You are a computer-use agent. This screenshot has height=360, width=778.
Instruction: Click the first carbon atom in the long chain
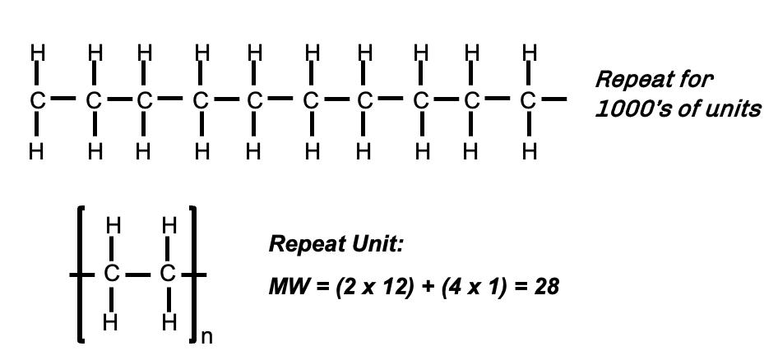click(37, 101)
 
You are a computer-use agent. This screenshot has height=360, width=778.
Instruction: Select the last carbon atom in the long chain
click(529, 101)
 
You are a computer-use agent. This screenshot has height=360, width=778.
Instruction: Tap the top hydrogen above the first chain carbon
click(37, 53)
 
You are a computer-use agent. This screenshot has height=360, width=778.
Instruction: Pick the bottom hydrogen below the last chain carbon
click(529, 151)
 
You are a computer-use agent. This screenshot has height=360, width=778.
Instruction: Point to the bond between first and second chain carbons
click(65, 100)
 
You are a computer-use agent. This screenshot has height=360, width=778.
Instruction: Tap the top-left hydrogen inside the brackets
click(113, 225)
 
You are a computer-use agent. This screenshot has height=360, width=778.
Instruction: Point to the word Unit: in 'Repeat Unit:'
click(375, 244)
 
